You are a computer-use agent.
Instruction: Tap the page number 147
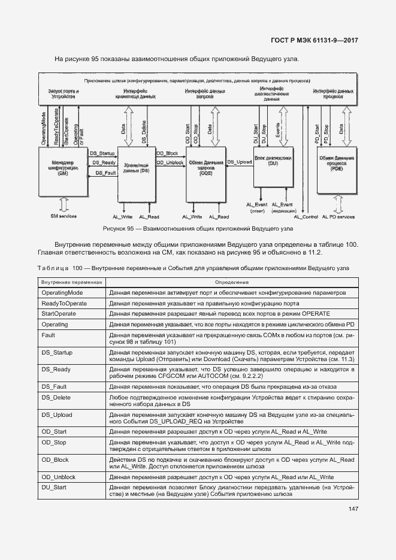[352, 509]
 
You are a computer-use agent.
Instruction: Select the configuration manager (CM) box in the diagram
[63, 170]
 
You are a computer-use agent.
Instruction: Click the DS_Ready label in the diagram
[103, 163]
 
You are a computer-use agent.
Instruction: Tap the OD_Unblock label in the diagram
[170, 163]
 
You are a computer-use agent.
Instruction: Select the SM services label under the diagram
[63, 216]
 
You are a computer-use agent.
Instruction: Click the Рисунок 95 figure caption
[198, 229]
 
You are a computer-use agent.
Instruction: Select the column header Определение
[231, 281]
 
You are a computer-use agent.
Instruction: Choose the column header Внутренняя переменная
[72, 281]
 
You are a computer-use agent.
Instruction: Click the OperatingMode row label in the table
[62, 293]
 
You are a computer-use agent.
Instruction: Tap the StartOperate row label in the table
[57, 314]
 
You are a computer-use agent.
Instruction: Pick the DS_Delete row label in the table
[56, 397]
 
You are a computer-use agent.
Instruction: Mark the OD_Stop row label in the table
[53, 443]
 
